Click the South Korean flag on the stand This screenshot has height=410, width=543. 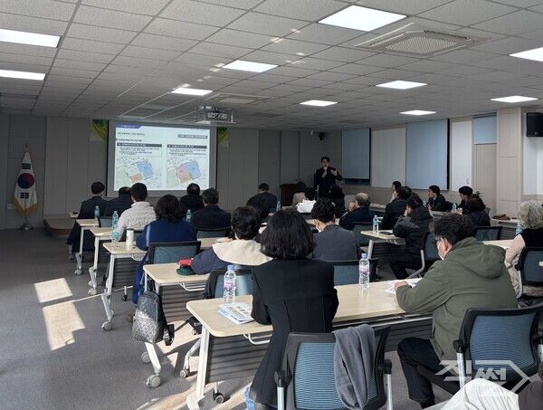(x=25, y=184)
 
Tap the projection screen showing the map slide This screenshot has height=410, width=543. (x=163, y=157)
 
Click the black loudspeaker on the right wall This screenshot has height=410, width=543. (x=534, y=124)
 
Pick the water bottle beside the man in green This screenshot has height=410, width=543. (x=364, y=270)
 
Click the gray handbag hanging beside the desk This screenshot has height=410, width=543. (x=149, y=316)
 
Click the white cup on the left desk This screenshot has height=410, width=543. (x=130, y=237)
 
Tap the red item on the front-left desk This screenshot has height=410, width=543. (x=186, y=266)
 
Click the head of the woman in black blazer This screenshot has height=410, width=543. (x=287, y=234)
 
